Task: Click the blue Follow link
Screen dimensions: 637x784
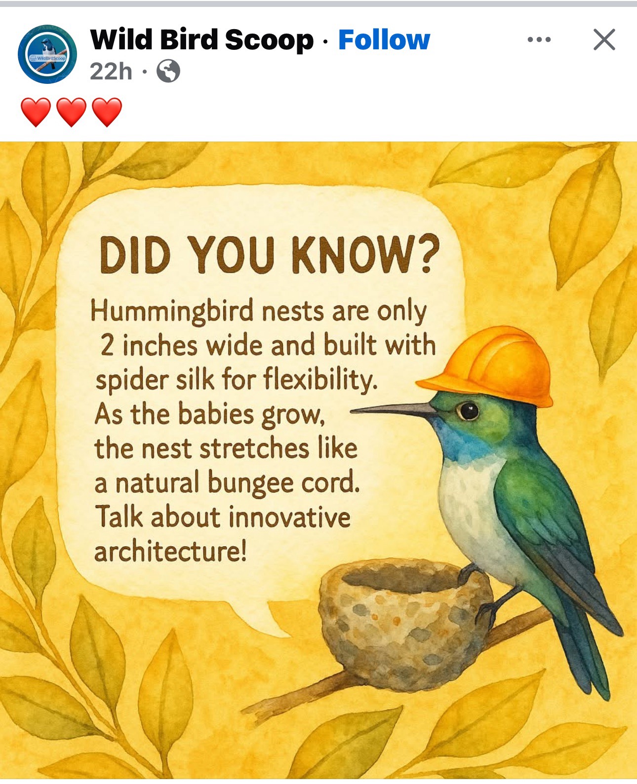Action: pos(384,40)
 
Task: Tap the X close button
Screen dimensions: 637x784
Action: pos(604,39)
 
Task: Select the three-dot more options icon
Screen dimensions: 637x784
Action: pos(539,39)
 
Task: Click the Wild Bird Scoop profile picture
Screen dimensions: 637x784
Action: pos(47,54)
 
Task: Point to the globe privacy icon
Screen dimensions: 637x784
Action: pos(168,71)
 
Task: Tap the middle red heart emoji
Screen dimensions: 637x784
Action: pos(71,112)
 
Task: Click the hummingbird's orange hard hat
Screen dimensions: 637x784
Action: pos(490,366)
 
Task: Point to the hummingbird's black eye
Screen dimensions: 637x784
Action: pos(468,411)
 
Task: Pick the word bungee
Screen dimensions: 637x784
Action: pos(250,484)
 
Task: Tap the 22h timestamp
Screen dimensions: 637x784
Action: pos(111,71)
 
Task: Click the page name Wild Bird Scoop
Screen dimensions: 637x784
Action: pos(202,40)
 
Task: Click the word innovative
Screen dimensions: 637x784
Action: pos(289,517)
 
